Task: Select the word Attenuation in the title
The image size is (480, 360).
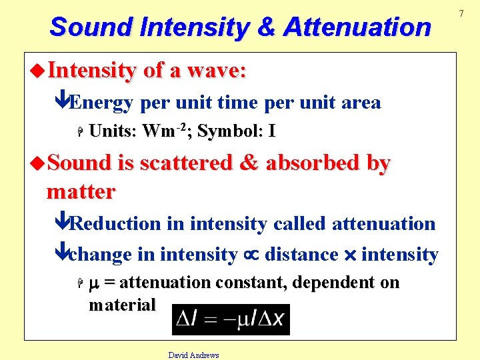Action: [357, 27]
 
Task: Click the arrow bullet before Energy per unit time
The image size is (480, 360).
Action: [61, 102]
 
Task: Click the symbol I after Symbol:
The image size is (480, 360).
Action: [271, 131]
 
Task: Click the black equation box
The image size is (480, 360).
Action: [231, 319]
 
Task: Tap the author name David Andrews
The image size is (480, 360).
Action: [193, 355]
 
